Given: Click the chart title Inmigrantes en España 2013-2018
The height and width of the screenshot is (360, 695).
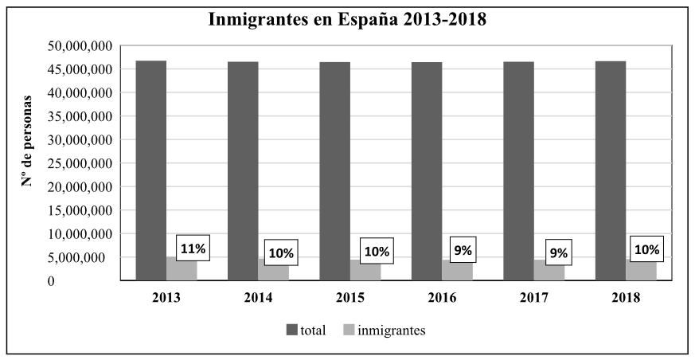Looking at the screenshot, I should click(x=347, y=19).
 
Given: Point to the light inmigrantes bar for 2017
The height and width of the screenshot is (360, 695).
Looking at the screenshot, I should click(x=549, y=272).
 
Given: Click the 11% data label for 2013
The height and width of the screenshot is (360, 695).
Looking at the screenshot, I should click(x=193, y=248).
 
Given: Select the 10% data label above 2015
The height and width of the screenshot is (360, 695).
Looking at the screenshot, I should click(x=376, y=252).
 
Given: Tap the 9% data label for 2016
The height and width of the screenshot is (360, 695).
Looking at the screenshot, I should click(x=463, y=250).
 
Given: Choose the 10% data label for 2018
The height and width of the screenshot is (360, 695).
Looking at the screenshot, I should click(x=646, y=249).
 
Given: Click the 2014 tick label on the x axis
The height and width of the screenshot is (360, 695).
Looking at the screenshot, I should click(x=258, y=299).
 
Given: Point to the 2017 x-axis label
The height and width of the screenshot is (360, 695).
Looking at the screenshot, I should click(x=533, y=299).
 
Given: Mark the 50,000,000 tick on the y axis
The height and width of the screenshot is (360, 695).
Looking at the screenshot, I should click(x=77, y=45).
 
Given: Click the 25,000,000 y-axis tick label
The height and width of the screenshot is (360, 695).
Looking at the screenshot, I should click(x=77, y=163).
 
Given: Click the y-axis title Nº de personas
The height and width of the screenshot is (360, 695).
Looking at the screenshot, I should click(x=28, y=140).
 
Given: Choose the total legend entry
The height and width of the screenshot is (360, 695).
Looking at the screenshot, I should click(x=306, y=331).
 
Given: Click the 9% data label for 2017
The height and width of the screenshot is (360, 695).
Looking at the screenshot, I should click(x=558, y=253).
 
